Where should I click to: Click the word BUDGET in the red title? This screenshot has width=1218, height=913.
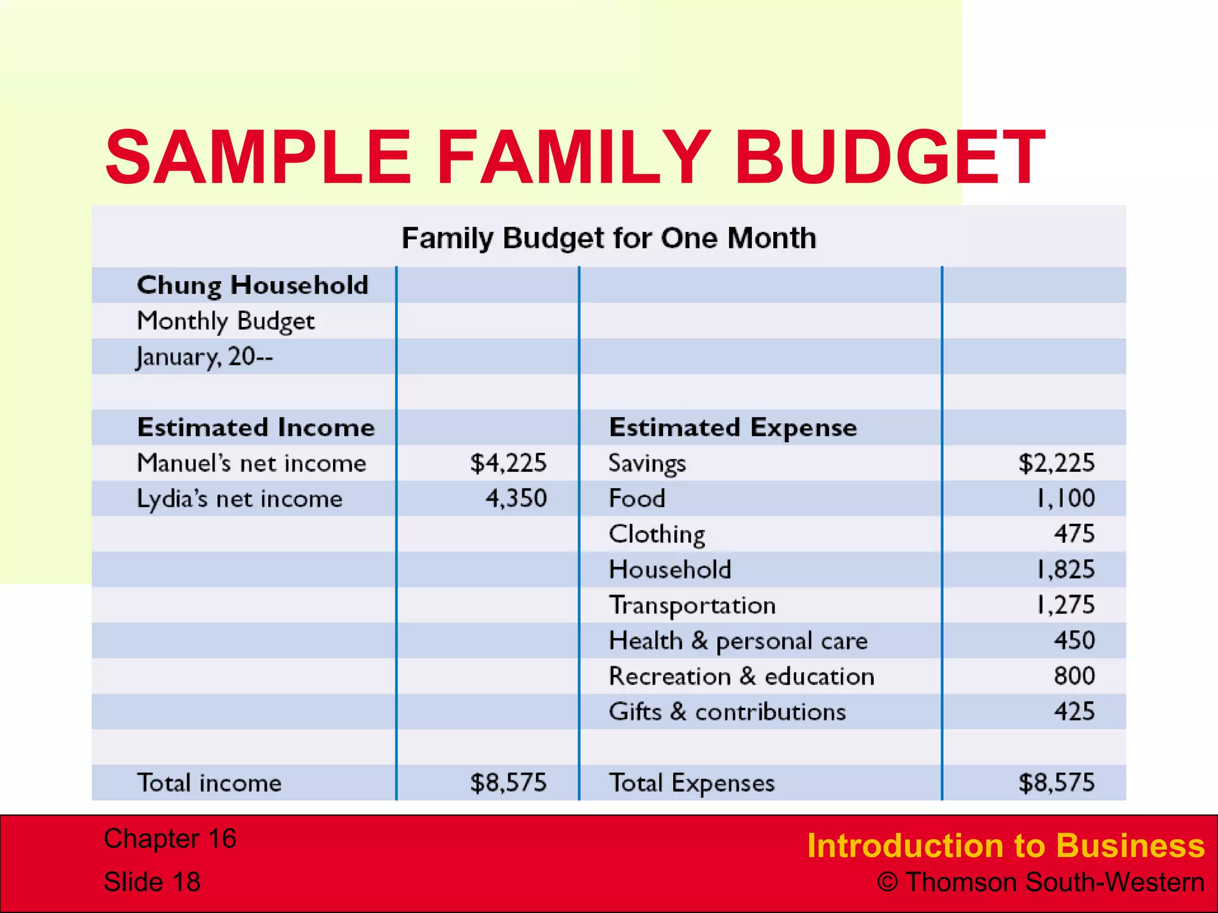coord(889,158)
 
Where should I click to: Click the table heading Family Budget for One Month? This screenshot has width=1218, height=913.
coord(608,238)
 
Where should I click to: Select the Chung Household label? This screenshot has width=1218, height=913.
coord(253,285)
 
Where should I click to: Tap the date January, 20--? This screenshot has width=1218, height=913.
coord(205,357)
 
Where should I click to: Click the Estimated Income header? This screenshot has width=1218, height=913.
coord(256,427)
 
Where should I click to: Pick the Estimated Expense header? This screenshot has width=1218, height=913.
coord(733,427)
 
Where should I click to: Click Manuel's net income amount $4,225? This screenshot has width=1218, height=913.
coord(508,463)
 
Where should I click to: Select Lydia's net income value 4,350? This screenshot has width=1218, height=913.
coord(516,498)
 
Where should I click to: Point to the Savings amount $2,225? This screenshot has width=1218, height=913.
coord(1056,463)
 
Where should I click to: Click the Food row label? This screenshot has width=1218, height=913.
coord(637,498)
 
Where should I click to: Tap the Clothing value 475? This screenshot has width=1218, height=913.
coord(1074,534)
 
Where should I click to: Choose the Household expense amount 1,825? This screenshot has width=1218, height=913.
coord(1065,569)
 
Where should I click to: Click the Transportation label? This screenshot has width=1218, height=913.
coord(692,605)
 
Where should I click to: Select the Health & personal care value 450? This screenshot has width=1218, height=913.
coord(1074,640)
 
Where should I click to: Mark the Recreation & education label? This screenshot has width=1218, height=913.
coord(741,676)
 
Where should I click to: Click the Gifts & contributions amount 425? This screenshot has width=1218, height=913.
coord(1074,711)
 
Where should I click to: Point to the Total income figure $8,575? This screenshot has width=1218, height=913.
coord(508,783)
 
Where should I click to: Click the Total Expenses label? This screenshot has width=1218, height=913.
coord(692,783)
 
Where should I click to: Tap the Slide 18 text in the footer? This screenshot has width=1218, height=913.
coord(152,881)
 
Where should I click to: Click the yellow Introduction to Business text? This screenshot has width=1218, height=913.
coord(1006,845)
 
